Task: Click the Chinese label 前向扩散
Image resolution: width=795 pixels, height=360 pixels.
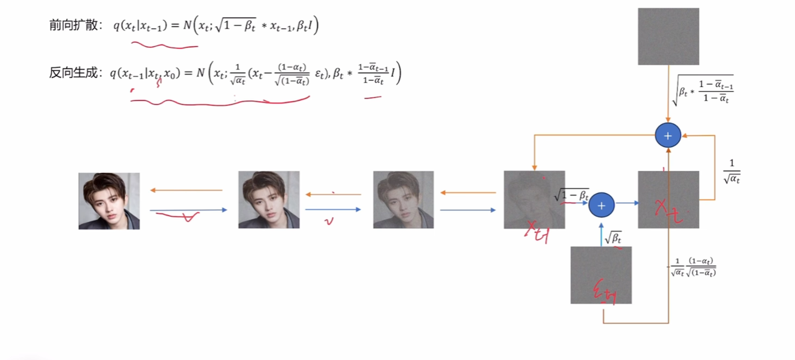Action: [x=72, y=26]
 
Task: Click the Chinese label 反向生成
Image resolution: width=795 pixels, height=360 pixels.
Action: [x=72, y=73]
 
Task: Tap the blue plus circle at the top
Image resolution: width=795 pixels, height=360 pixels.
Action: [x=668, y=136]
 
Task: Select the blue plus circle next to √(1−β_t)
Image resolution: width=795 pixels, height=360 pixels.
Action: [x=601, y=205]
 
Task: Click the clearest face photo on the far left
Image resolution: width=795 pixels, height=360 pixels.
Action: [x=109, y=201]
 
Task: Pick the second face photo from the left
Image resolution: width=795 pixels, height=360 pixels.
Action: [x=269, y=200]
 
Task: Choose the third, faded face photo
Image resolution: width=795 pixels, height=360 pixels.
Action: [x=403, y=200]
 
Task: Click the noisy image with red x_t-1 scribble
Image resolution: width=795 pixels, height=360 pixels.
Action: [x=534, y=200]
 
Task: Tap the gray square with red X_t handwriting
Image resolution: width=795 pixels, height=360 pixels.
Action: [x=668, y=200]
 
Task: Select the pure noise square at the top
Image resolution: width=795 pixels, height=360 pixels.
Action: [x=668, y=36]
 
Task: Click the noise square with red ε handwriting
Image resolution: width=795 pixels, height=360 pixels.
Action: [x=601, y=275]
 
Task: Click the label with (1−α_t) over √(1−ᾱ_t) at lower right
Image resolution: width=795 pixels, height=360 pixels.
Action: [x=694, y=267]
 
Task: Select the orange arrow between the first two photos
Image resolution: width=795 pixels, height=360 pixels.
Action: [x=186, y=190]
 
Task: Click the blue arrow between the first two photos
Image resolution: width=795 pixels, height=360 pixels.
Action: [x=188, y=210]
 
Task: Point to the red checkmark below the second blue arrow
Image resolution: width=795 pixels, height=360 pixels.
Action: [x=329, y=221]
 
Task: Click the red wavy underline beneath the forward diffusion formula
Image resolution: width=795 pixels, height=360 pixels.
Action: [x=164, y=46]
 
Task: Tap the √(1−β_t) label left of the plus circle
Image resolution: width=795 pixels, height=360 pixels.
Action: [x=572, y=195]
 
